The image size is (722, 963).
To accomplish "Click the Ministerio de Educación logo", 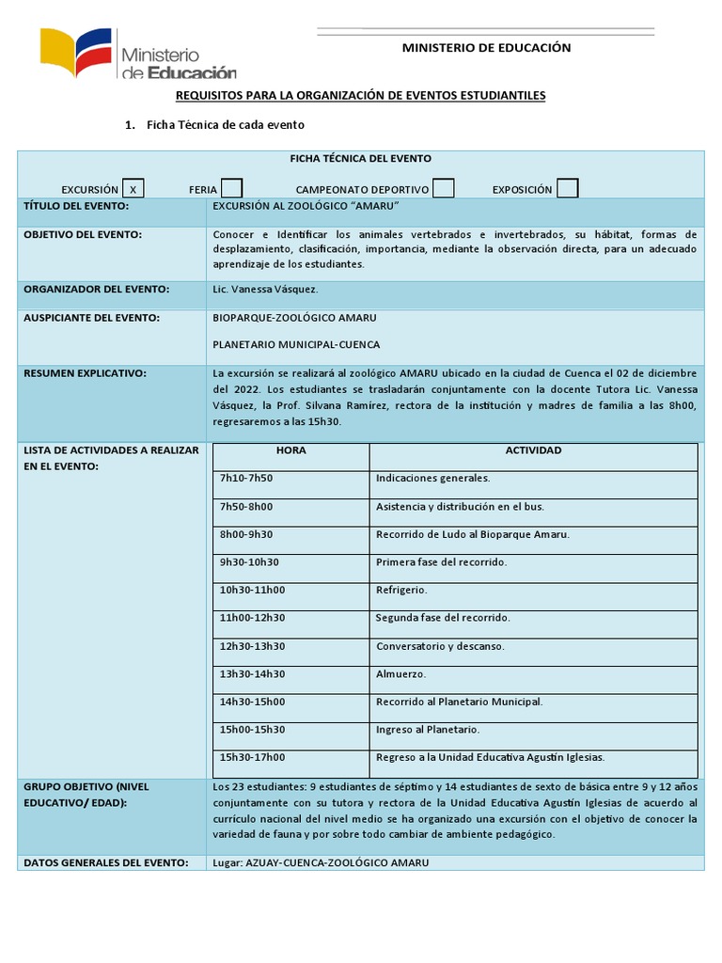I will (137, 54).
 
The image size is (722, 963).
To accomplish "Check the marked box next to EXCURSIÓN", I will (133, 189).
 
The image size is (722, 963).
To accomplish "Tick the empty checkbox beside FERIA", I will (231, 189).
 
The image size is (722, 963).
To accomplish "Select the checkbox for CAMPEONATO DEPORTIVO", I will (443, 189).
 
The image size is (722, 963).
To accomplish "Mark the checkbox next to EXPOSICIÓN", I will (567, 189).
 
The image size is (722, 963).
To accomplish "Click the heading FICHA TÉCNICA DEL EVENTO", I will (360, 159).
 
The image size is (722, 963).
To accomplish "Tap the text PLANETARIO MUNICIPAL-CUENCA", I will (296, 344).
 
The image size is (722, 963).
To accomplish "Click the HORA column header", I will (290, 450).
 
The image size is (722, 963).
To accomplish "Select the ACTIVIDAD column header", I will (533, 450).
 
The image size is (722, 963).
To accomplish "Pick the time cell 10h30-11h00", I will (252, 591).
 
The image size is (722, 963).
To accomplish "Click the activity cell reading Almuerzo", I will (400, 674).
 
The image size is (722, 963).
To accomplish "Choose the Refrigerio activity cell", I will (401, 591).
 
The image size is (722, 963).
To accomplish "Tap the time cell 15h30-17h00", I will (252, 758).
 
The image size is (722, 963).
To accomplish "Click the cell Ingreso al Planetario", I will (428, 730).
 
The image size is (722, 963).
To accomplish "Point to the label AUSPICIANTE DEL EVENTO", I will (91, 318).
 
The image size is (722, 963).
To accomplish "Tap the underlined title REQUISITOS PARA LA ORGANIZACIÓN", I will (360, 96).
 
